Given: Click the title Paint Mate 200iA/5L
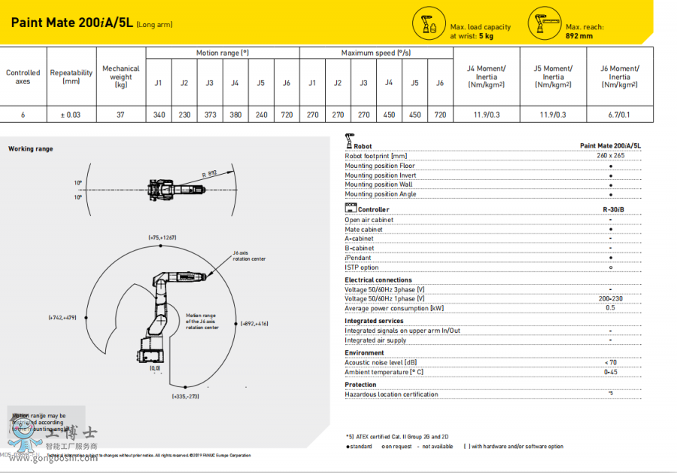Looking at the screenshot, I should [72, 23].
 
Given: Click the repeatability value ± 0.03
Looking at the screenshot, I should [71, 115].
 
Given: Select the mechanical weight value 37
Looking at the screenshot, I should [120, 115].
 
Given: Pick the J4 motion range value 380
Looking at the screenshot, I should [235, 115].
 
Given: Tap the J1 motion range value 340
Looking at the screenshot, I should [159, 115].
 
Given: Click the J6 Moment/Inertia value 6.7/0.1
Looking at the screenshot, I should [619, 115].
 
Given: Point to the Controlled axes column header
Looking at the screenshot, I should [23, 77].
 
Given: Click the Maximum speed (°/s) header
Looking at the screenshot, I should [376, 53].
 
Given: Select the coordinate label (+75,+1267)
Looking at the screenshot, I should [162, 238].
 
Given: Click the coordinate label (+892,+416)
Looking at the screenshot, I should [254, 323].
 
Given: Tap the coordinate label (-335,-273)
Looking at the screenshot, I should [185, 396].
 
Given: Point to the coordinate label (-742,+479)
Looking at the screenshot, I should [63, 318].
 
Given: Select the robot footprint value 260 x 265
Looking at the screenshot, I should [610, 156].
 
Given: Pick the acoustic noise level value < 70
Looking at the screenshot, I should [610, 362].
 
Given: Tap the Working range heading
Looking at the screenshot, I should [31, 149].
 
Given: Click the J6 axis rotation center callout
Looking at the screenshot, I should [249, 256].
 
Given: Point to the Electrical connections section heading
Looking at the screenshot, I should [378, 280].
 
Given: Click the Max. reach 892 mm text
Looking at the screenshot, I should [584, 31].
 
